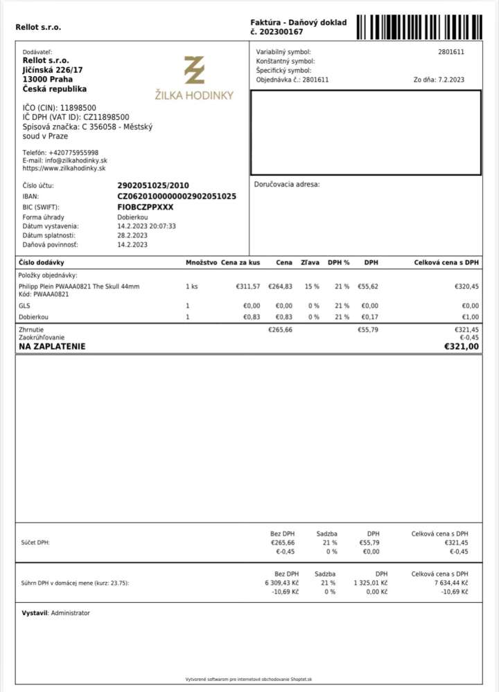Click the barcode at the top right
[x=419, y=26]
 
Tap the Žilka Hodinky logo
[x=194, y=78]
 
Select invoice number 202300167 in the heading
[x=280, y=32]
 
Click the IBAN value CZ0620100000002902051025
[x=177, y=197]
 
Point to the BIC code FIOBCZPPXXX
[x=146, y=207]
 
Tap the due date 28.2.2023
[x=132, y=235]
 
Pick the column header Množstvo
[x=202, y=263]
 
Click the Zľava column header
[x=310, y=263]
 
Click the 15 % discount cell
[x=312, y=286]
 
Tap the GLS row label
[x=24, y=305]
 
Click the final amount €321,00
[x=461, y=346]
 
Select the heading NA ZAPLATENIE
[x=52, y=346]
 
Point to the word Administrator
[x=70, y=613]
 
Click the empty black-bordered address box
[x=365, y=133]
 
